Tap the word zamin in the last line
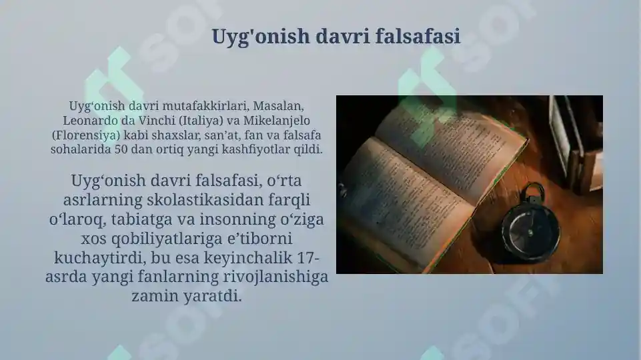click(x=156, y=295)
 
